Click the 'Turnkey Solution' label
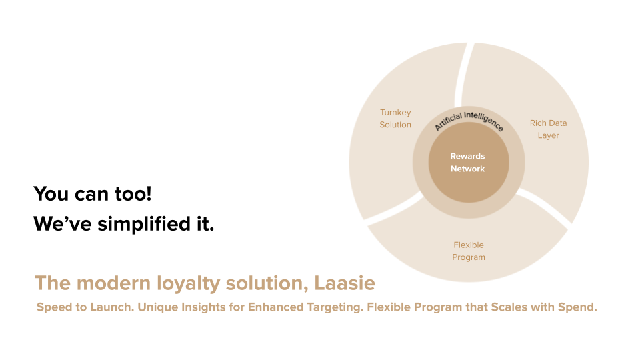click(395, 119)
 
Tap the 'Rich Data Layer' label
click(548, 129)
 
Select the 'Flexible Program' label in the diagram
click(469, 251)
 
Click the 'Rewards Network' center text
click(468, 162)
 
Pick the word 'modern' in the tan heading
click(113, 283)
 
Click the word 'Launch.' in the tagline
click(112, 307)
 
